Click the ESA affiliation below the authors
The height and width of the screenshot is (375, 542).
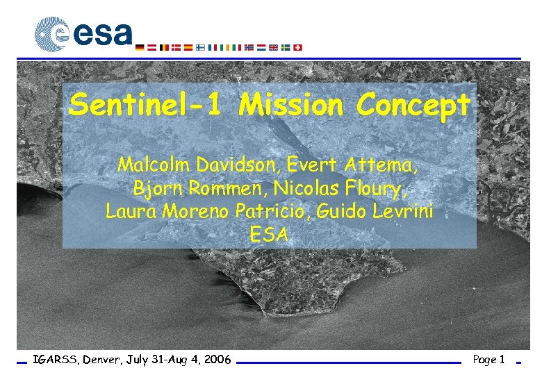pos(269,234)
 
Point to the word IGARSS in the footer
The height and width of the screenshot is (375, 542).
pos(55,360)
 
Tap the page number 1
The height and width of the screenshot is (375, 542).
pos(501,360)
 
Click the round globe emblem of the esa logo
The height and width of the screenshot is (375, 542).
pos(52,34)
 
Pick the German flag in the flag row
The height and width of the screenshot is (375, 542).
pos(141,48)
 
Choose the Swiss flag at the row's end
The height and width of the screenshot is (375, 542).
pos(299,48)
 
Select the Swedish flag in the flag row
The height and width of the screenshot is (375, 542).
pos(286,48)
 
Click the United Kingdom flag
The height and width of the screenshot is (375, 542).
pos(273,48)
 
